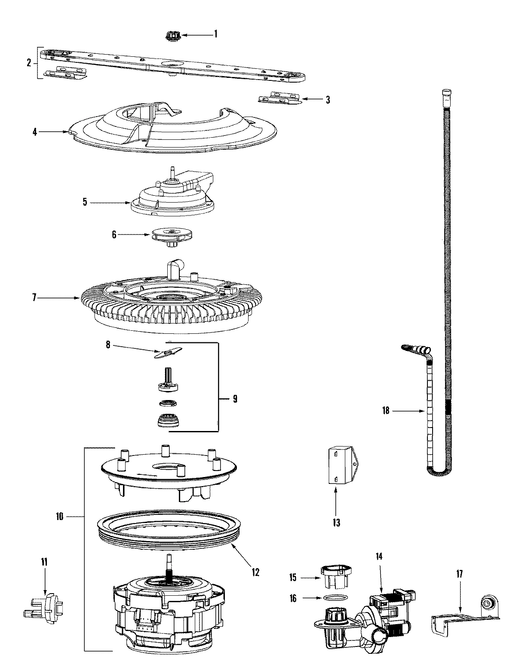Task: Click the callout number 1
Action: pyautogui.click(x=215, y=34)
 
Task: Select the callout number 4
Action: pyautogui.click(x=35, y=132)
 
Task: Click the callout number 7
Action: pyautogui.click(x=35, y=297)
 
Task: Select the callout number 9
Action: pyautogui.click(x=235, y=399)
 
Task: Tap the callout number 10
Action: pyautogui.click(x=60, y=517)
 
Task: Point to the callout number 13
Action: pyautogui.click(x=336, y=523)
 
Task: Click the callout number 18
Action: pyautogui.click(x=385, y=411)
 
